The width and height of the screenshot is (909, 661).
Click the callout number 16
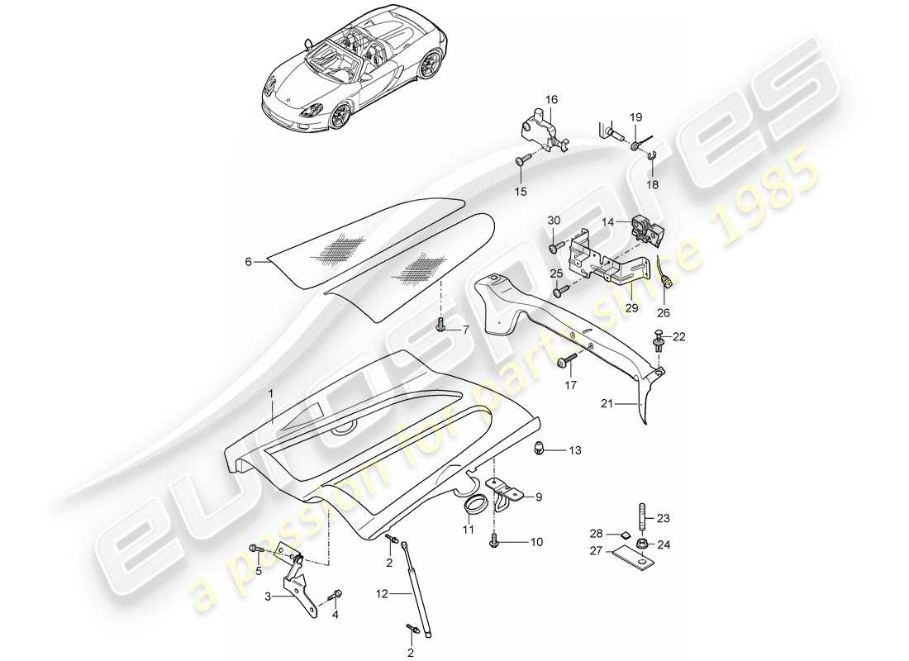click(x=551, y=100)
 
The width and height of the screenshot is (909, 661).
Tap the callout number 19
click(x=636, y=117)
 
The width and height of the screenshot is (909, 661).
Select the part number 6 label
click(x=247, y=262)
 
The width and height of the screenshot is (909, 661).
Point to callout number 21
click(x=608, y=404)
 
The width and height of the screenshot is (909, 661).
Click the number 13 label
click(x=575, y=450)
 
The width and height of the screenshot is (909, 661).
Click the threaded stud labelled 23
click(x=642, y=519)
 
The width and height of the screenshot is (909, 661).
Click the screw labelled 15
click(x=523, y=161)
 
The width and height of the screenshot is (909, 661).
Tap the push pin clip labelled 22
click(x=659, y=341)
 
